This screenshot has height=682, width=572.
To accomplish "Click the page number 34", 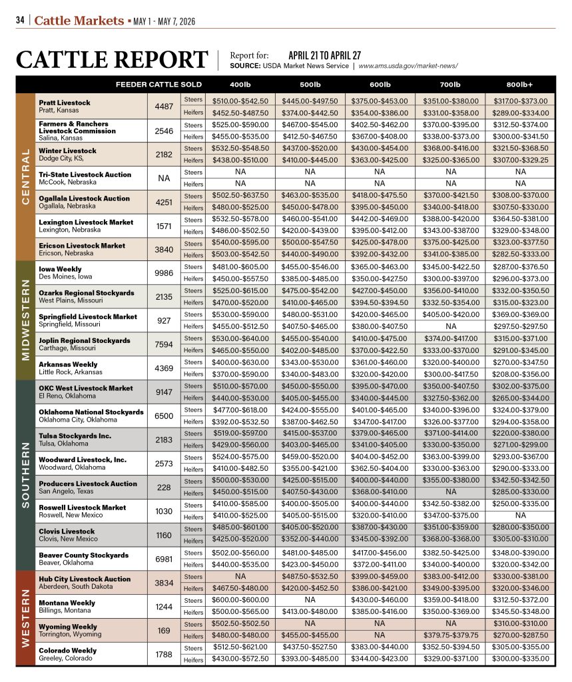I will (20, 20).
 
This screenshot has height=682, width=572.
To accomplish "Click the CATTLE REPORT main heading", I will (112, 59).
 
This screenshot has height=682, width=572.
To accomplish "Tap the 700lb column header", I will (450, 85).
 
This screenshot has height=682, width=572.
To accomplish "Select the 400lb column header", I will (240, 85).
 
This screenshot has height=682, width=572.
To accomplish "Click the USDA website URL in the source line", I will (408, 66).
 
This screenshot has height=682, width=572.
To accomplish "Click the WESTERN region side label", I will (25, 617).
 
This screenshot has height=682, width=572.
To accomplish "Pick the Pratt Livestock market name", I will (65, 103).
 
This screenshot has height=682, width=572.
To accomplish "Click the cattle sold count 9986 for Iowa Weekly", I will (164, 273).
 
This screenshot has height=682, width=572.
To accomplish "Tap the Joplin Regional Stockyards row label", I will (79, 340).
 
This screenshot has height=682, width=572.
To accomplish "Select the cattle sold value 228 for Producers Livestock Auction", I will (164, 487).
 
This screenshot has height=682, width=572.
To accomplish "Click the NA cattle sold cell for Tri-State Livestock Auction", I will (164, 178).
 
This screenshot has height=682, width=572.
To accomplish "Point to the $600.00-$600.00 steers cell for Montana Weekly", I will (240, 600).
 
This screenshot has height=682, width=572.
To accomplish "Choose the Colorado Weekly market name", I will (67, 650).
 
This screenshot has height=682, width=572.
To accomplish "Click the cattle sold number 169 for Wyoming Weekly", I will (164, 629).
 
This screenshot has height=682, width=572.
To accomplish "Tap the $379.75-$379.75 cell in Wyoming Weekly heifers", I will (450, 635).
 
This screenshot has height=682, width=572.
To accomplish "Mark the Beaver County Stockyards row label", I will (83, 555).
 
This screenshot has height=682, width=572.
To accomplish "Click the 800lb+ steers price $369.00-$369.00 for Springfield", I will (519, 314).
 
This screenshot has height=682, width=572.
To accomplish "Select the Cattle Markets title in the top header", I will (79, 20).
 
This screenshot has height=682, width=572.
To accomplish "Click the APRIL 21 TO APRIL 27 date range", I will (324, 55).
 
